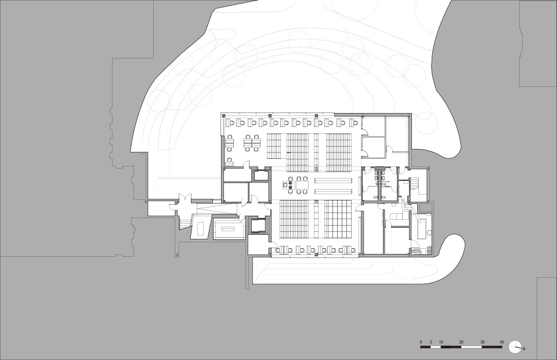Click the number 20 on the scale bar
(x=461, y=342)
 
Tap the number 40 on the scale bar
(x=501, y=342)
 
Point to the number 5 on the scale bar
(x=431, y=342)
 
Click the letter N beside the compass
(x=524, y=349)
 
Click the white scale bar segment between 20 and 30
(x=471, y=346)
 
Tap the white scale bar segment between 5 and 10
(x=436, y=346)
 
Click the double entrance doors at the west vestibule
(x=185, y=200)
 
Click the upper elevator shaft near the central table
(x=259, y=176)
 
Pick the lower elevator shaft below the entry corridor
(x=258, y=225)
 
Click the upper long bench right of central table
(x=334, y=180)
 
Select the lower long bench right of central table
(x=334, y=191)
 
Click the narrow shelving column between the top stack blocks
(x=316, y=150)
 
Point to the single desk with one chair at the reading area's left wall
(x=230, y=162)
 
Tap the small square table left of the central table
(x=286, y=184)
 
